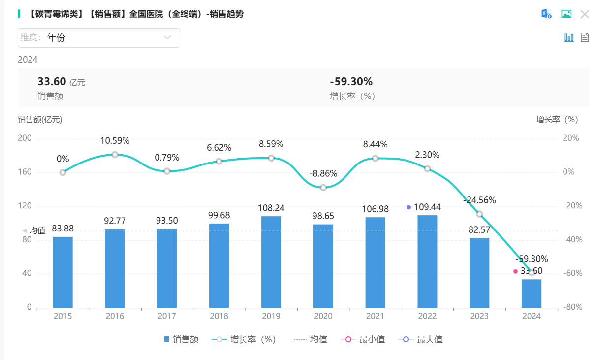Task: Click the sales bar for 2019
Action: coord(271,262)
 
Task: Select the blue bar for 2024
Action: coord(532,294)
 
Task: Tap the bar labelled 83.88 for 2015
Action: coord(63,272)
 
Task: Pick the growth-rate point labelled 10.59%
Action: coord(115,155)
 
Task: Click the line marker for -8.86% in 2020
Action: coord(323,188)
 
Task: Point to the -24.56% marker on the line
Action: coord(479,214)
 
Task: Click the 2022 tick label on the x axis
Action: coord(427,316)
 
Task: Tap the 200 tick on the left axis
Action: coord(25,138)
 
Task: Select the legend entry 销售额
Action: coord(181,339)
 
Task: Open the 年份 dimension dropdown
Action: coord(99,38)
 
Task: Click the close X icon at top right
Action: coord(585,14)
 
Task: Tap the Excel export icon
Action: coord(546,14)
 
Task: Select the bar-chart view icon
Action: coord(569,37)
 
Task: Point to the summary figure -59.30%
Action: coord(351,82)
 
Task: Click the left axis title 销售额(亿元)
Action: coord(40,119)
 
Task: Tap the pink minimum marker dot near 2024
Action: coord(515,271)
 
